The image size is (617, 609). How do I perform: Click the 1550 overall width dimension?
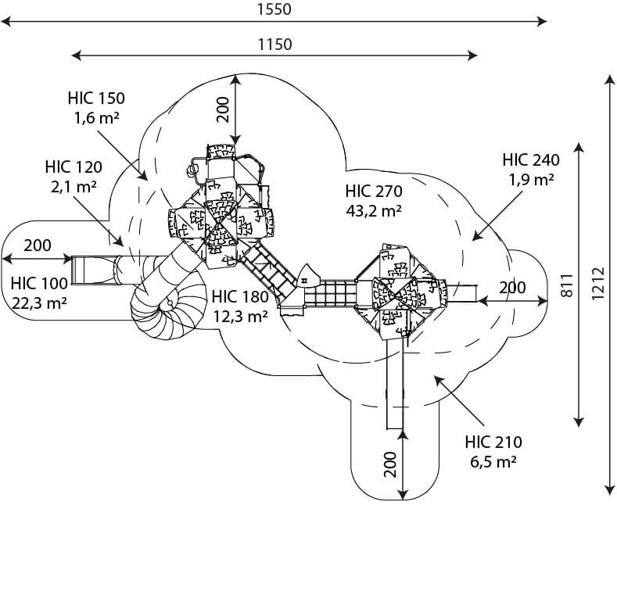(274, 9)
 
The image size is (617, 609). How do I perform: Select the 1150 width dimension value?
(274, 45)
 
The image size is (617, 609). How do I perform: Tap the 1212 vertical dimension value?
(597, 283)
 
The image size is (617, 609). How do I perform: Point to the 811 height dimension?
(567, 285)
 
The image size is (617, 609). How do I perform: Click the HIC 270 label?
(374, 192)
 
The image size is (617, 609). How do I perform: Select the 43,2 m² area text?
(374, 211)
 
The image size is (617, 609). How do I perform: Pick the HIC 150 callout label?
(96, 99)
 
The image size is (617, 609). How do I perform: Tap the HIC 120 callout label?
(74, 167)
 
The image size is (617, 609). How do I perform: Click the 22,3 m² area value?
(39, 303)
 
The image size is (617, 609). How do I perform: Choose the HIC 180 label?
(240, 297)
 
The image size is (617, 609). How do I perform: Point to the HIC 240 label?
(531, 160)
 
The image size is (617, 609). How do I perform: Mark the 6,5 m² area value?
(493, 461)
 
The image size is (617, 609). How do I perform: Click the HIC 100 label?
(39, 283)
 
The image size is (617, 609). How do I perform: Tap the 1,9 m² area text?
(531, 180)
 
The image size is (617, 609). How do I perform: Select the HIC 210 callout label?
(493, 442)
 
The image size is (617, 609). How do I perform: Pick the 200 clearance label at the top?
(223, 109)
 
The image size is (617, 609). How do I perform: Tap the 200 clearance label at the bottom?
(390, 464)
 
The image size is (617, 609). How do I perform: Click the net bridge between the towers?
(331, 293)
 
